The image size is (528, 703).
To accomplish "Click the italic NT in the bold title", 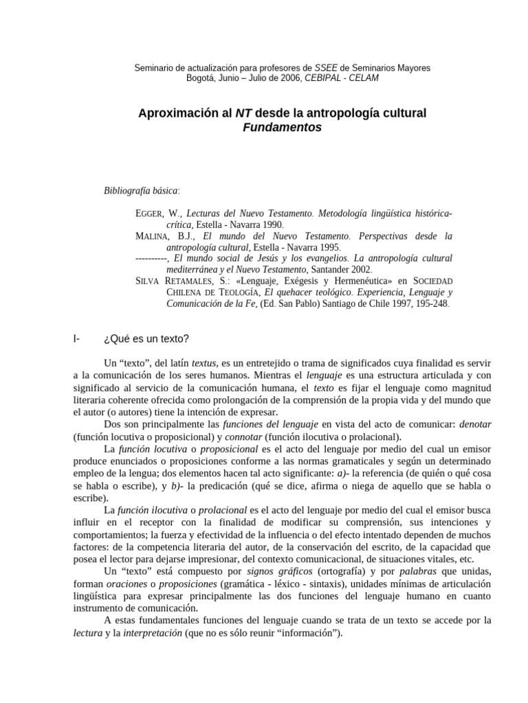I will coord(245,113).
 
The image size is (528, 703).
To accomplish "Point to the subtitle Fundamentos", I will coord(282,128).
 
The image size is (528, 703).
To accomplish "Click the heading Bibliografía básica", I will coord(140,189).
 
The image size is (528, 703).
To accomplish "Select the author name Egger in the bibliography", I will coord(151,214).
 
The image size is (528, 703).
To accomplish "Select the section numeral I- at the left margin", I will coord(76,338).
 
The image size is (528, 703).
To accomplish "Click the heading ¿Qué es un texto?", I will coord(146,338).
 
